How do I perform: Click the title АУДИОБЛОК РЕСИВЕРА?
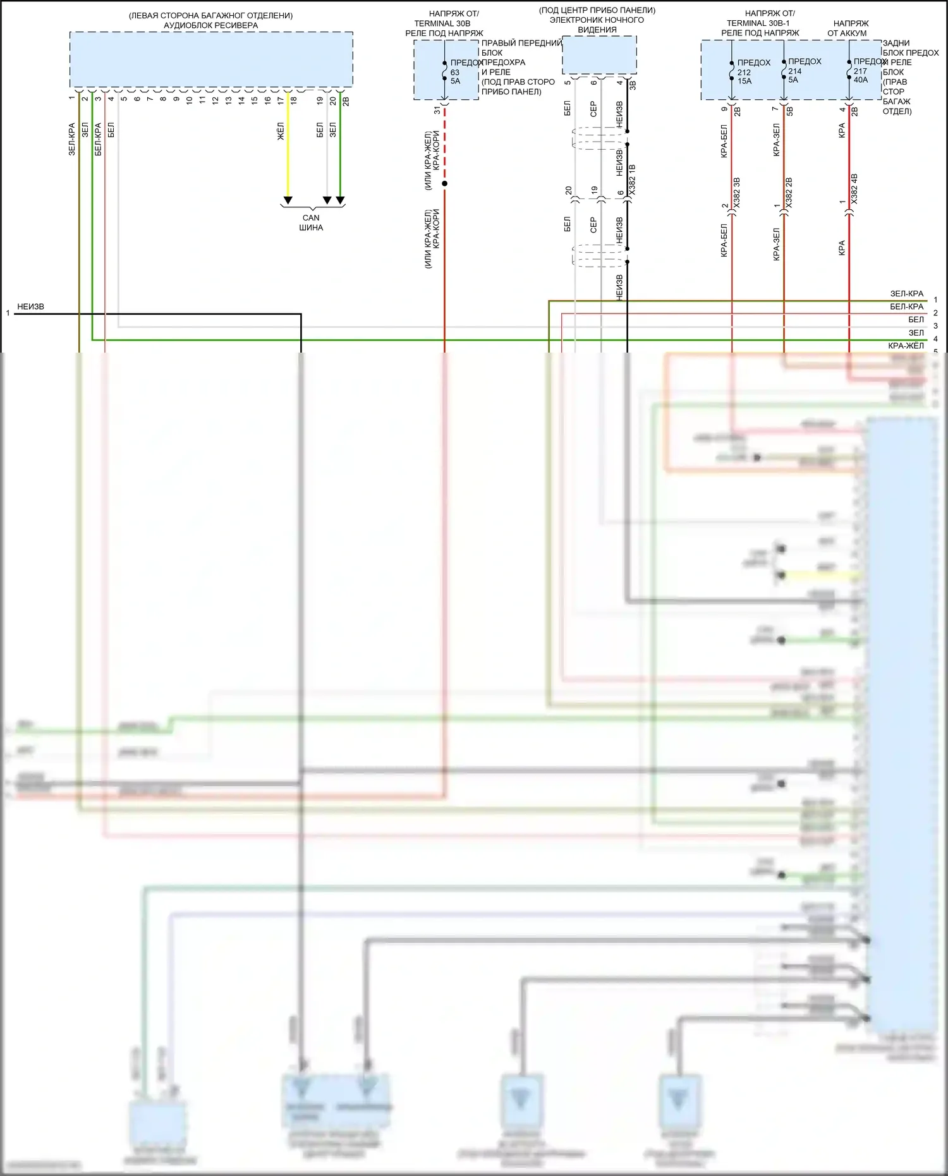210,25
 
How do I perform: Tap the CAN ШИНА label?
311,222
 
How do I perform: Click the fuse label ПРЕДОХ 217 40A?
866,71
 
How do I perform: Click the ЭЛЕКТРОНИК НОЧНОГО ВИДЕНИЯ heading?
597,25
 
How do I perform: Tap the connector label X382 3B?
737,193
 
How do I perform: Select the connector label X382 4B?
854,189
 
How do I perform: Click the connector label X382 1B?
633,179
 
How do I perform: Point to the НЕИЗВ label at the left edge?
30,307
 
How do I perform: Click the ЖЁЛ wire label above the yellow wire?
281,131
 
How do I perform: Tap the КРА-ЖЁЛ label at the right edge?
906,346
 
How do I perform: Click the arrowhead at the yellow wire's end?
288,200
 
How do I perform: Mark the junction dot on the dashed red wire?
444,184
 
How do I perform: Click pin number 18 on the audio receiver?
294,100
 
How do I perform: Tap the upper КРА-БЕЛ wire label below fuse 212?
724,141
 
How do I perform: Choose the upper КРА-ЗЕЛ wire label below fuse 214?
776,140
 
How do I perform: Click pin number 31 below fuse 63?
437,110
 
